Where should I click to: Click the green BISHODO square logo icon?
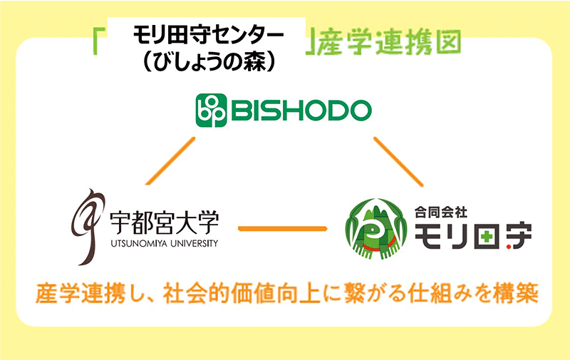[x=212, y=110]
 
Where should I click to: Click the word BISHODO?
[x=301, y=110]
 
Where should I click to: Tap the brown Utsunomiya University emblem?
[x=88, y=227]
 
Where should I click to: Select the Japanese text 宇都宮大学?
[x=165, y=223]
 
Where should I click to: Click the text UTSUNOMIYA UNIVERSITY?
[x=165, y=243]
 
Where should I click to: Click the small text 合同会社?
[x=441, y=212]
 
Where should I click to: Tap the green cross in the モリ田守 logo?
[x=487, y=237]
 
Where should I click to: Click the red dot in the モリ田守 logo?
[x=509, y=247]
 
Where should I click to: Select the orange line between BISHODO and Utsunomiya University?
[x=170, y=160]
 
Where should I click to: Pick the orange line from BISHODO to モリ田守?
[x=398, y=161]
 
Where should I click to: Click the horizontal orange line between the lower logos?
[x=282, y=229]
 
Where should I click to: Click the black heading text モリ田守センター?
[x=208, y=36]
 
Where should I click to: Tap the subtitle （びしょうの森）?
[x=208, y=62]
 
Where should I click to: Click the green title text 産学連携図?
[x=389, y=43]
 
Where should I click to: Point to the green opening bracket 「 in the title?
[x=98, y=42]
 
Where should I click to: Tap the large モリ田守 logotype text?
[x=473, y=237]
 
